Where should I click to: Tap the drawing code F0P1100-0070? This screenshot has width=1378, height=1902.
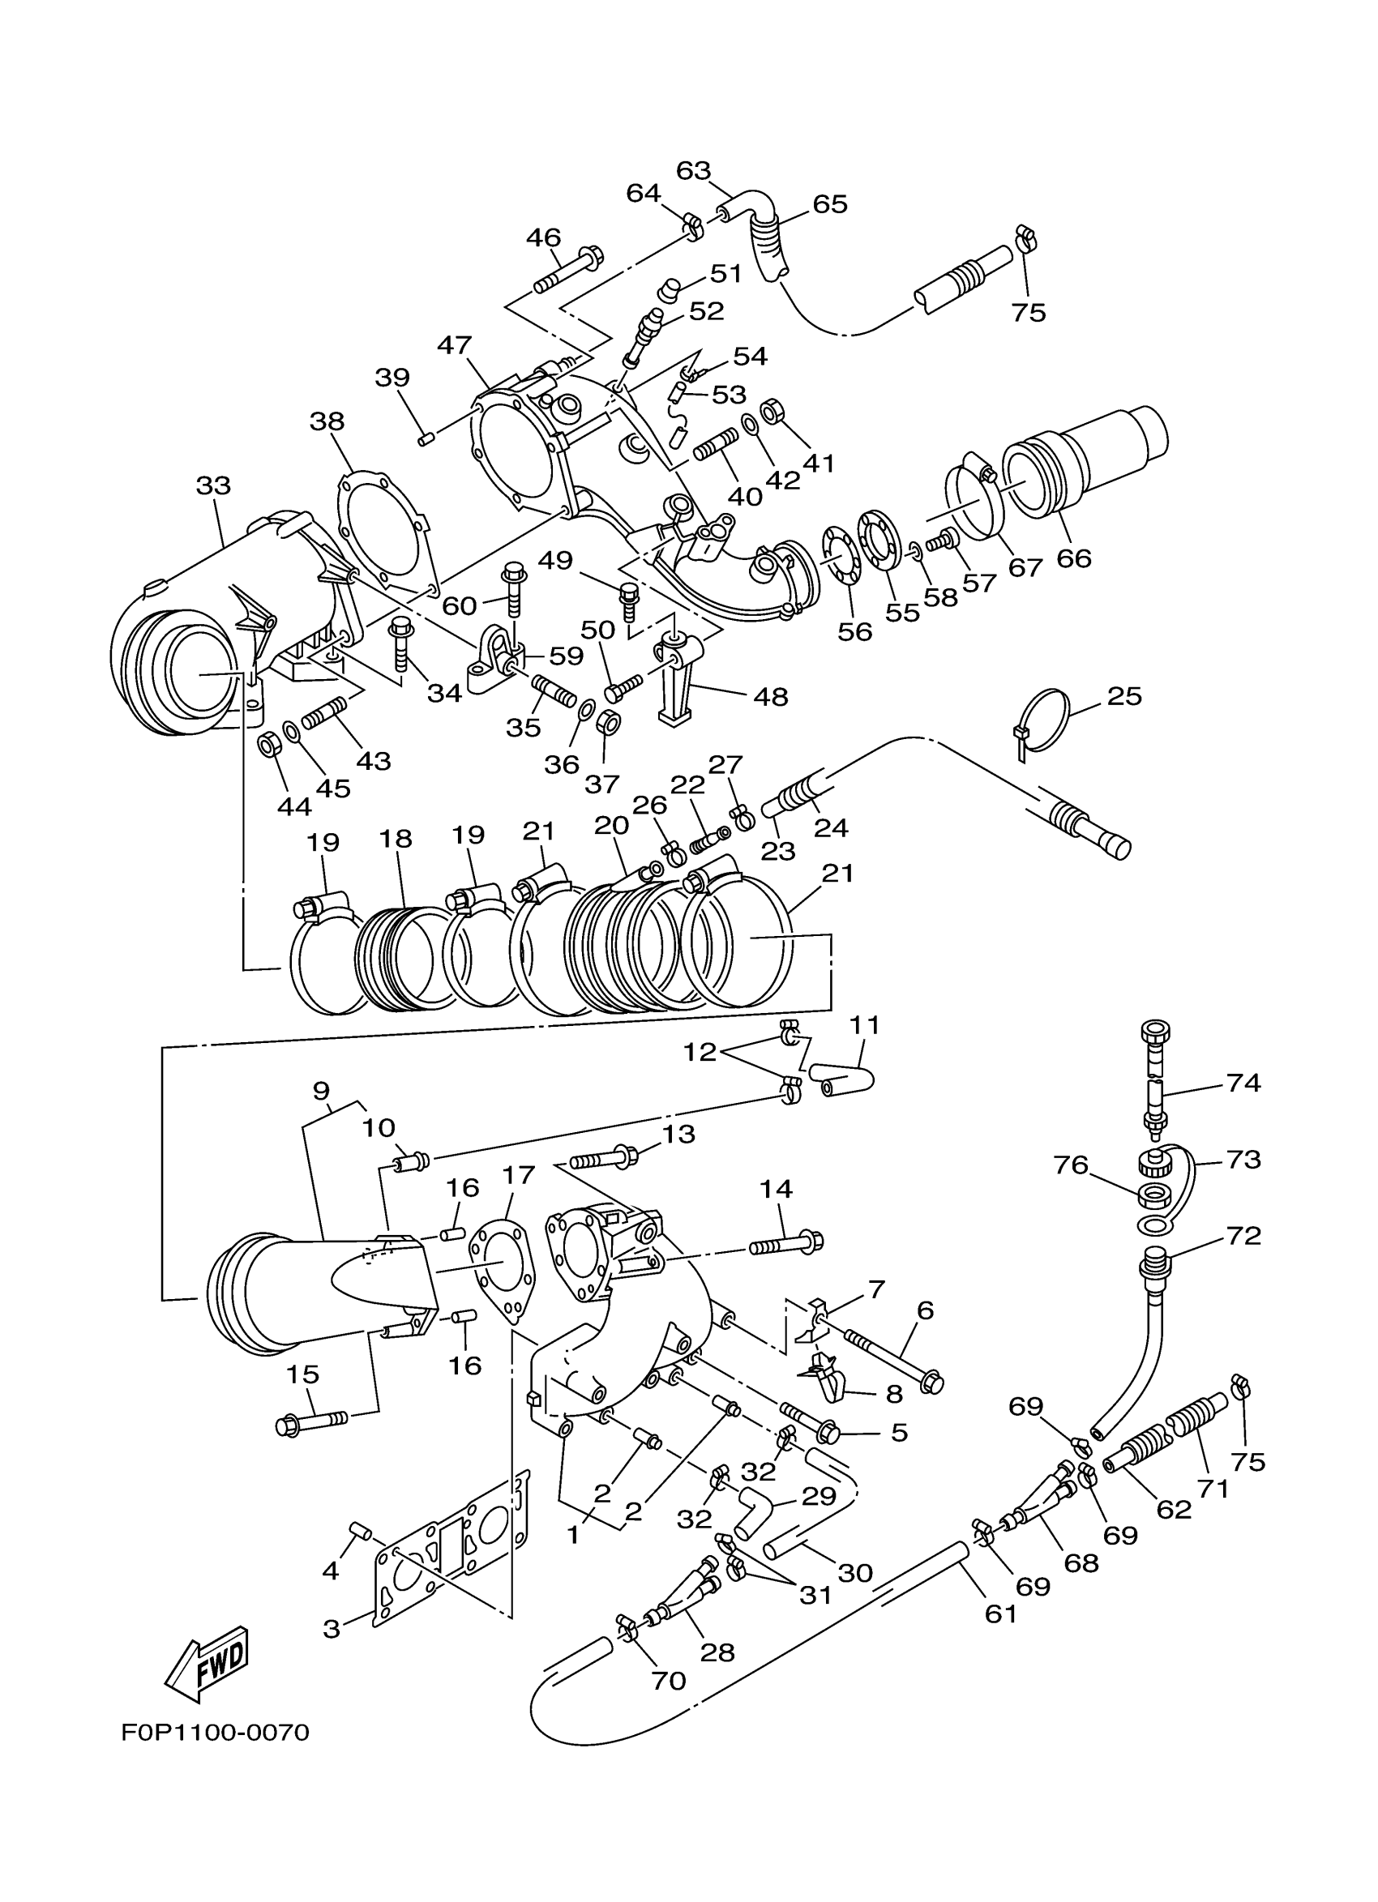pyautogui.click(x=215, y=1731)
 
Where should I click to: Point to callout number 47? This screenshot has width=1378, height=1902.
pyautogui.click(x=455, y=344)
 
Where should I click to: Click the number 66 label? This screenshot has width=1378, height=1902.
pyautogui.click(x=1073, y=558)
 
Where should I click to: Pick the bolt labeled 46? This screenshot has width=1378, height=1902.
pyautogui.click(x=567, y=270)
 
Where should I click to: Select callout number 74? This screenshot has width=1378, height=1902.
pyautogui.click(x=1243, y=1083)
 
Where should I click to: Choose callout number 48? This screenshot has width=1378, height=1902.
pyautogui.click(x=771, y=696)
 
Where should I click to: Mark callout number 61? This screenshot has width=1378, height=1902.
pyautogui.click(x=1000, y=1613)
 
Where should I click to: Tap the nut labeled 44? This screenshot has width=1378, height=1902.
pyautogui.click(x=268, y=743)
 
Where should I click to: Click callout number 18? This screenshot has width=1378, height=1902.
pyautogui.click(x=395, y=838)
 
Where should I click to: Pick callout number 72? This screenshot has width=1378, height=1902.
pyautogui.click(x=1243, y=1235)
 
